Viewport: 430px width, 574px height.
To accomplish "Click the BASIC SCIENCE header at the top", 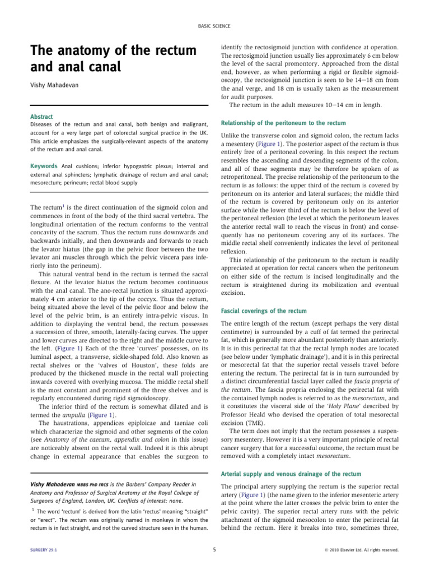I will pyautogui.click(x=214, y=26).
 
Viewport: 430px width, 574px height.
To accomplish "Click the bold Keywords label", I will pyautogui.click(x=44, y=166).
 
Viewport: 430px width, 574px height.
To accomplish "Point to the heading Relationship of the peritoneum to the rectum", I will pyautogui.click(x=283, y=122).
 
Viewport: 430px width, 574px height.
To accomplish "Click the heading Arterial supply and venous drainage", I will pyautogui.click(x=291, y=474).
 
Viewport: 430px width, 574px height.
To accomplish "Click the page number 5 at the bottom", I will pyautogui.click(x=215, y=550).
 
